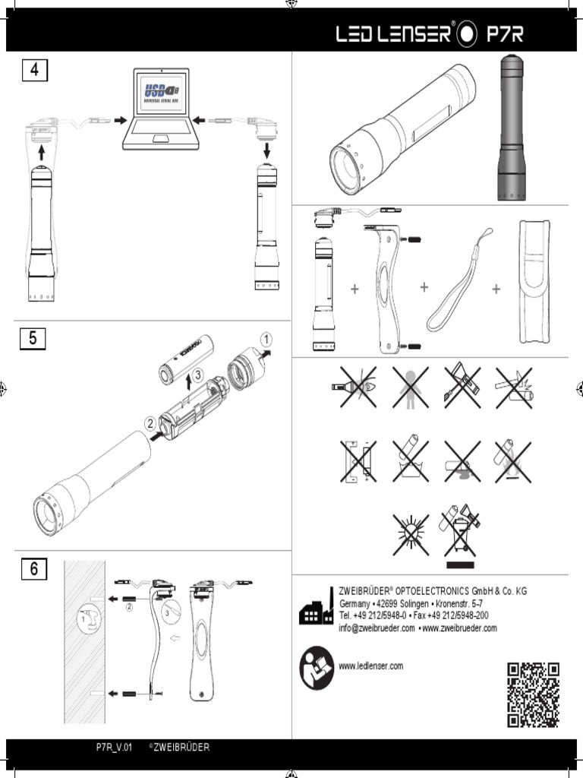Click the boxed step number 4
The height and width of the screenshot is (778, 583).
(x=33, y=71)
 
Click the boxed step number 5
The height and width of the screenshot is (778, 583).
(x=33, y=339)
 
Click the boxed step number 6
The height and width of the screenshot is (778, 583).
(x=33, y=568)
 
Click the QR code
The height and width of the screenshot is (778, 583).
(x=533, y=694)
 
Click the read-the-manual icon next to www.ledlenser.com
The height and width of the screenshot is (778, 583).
(x=317, y=668)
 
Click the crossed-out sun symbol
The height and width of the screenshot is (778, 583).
(x=410, y=533)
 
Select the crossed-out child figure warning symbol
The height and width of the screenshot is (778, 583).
(x=410, y=387)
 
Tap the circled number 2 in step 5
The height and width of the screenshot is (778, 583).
(x=150, y=423)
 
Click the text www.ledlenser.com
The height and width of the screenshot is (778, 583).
(x=371, y=666)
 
